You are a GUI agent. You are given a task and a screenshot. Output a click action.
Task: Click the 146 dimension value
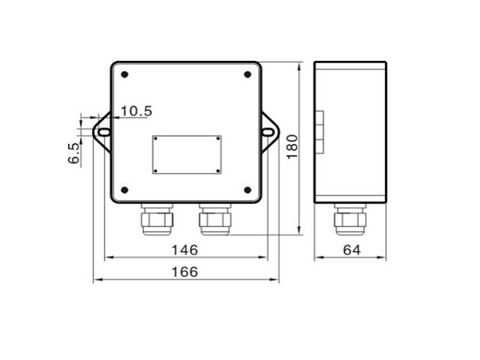click(185, 250)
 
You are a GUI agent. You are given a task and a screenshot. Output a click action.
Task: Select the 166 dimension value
click(185, 272)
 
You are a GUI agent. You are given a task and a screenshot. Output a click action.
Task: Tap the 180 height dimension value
click(292, 146)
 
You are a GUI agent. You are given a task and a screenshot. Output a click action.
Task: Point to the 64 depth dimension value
click(352, 250)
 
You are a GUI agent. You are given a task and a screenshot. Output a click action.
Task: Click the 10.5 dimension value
click(137, 111)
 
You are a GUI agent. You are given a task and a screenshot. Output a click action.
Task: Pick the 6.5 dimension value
click(74, 154)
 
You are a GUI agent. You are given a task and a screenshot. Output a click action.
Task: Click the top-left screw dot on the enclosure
click(125, 74)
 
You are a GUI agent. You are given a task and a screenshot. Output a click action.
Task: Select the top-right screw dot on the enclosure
click(247, 74)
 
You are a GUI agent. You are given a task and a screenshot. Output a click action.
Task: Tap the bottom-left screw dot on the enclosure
click(125, 190)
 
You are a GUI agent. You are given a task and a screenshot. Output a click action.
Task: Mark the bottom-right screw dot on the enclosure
click(247, 190)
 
